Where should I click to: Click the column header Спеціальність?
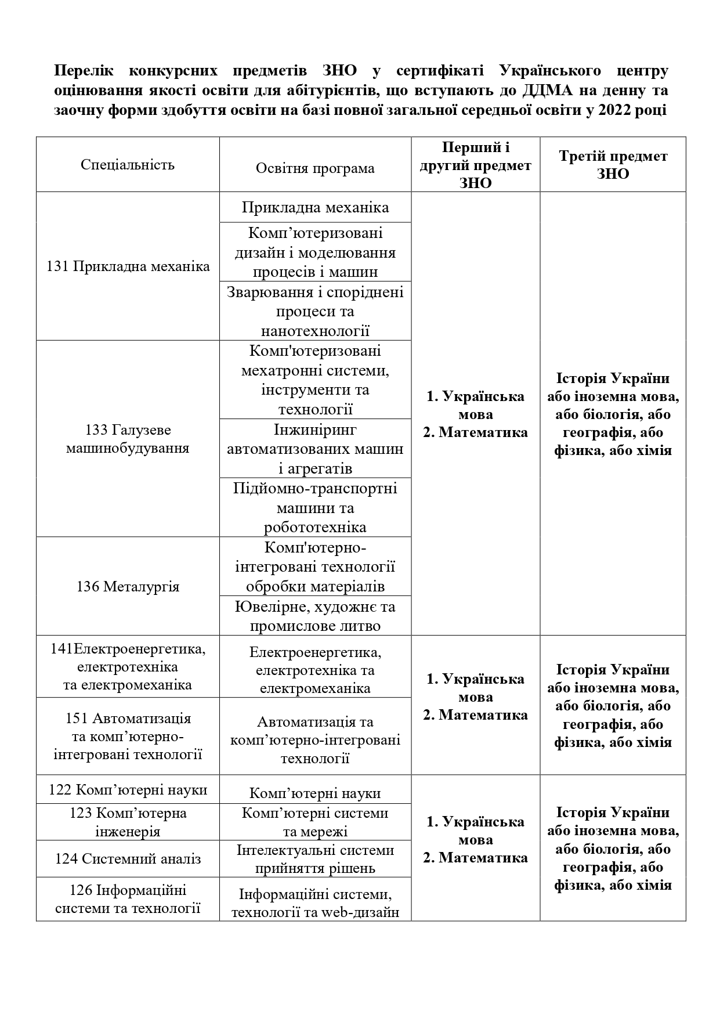pos(128,165)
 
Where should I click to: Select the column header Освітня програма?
pos(315,168)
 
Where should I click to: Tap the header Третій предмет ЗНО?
pos(613,165)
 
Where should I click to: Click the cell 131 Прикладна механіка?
pos(128,267)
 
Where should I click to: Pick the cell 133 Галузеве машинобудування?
pos(128,439)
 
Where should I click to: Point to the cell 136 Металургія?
pos(128,587)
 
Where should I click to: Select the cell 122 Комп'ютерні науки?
pos(128,790)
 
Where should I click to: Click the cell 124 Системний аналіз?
pos(128,859)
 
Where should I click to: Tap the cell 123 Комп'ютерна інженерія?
pos(128,822)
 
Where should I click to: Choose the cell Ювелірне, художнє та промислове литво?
pos(315,616)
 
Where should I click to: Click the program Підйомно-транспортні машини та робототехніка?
pos(315,507)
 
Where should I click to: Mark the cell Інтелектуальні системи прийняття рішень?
pos(315,859)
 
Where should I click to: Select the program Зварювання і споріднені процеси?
pos(315,311)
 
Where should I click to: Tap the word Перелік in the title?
pos(84,71)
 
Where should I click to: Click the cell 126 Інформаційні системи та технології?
pos(128,899)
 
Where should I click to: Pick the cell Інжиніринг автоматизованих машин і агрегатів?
pos(315,449)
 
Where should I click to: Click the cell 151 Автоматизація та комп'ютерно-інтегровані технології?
pos(128,737)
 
